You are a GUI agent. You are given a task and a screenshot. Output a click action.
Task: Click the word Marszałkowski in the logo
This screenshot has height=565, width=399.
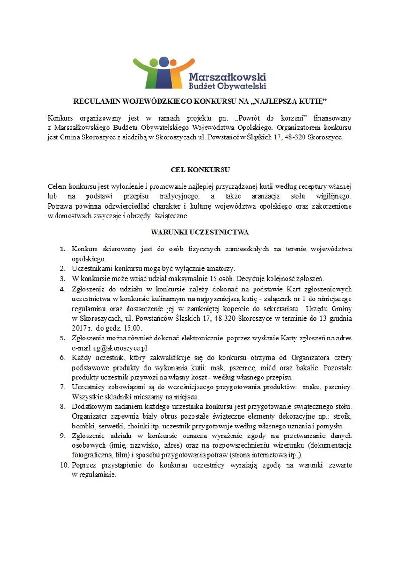click(x=227, y=76)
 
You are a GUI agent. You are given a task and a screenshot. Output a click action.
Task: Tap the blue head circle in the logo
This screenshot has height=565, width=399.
click(x=164, y=62)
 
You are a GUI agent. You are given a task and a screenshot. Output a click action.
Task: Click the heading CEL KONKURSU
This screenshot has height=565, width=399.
click(x=200, y=169)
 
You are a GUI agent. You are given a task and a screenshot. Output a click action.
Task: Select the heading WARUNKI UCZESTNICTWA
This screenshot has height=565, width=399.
click(x=200, y=232)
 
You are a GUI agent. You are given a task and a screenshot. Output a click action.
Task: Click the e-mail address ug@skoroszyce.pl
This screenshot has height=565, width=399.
click(x=110, y=347)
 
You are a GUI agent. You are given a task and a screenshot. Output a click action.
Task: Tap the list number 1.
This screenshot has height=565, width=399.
click(x=62, y=249)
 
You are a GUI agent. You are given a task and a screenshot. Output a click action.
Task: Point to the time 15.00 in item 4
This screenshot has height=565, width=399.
click(x=133, y=328)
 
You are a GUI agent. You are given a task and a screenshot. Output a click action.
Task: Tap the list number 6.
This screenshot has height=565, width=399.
click(x=62, y=358)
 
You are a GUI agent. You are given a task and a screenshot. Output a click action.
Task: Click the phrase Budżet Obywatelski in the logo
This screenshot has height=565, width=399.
click(x=227, y=86)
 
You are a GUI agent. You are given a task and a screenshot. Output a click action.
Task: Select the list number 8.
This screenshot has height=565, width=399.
click(x=62, y=406)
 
